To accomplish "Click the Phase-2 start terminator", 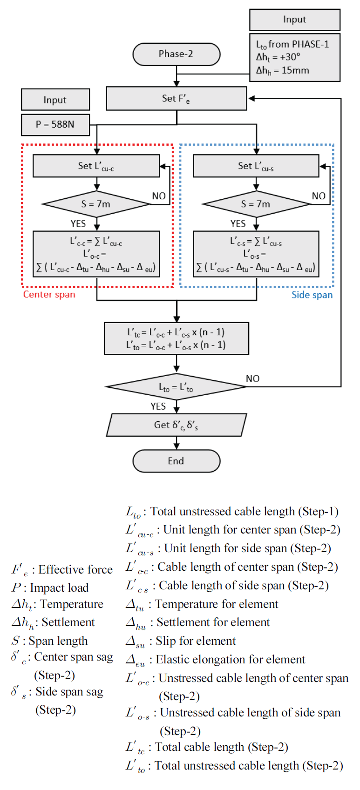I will (x=176, y=54).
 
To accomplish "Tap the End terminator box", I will (x=176, y=461).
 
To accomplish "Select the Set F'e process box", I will (x=176, y=98).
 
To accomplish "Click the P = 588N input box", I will (x=55, y=124).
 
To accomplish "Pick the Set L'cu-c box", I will (x=96, y=166).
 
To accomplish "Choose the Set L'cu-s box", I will (x=256, y=166).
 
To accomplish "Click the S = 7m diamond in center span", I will (x=96, y=204).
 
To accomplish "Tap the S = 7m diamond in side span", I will (x=256, y=204).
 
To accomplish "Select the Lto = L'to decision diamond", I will (x=176, y=387).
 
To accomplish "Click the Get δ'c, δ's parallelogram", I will (x=176, y=425).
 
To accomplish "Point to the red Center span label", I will (x=49, y=294).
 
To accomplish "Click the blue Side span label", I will (x=312, y=295).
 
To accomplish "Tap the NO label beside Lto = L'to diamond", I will (x=252, y=378).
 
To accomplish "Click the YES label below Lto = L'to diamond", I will (x=158, y=406).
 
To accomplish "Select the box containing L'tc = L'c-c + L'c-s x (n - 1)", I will (x=176, y=338).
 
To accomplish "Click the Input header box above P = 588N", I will (x=55, y=100).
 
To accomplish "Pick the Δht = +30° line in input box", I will (x=278, y=57).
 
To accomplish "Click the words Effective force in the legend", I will (x=75, y=570).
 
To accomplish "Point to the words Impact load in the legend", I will (x=59, y=588).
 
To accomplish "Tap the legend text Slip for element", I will (x=196, y=641).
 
